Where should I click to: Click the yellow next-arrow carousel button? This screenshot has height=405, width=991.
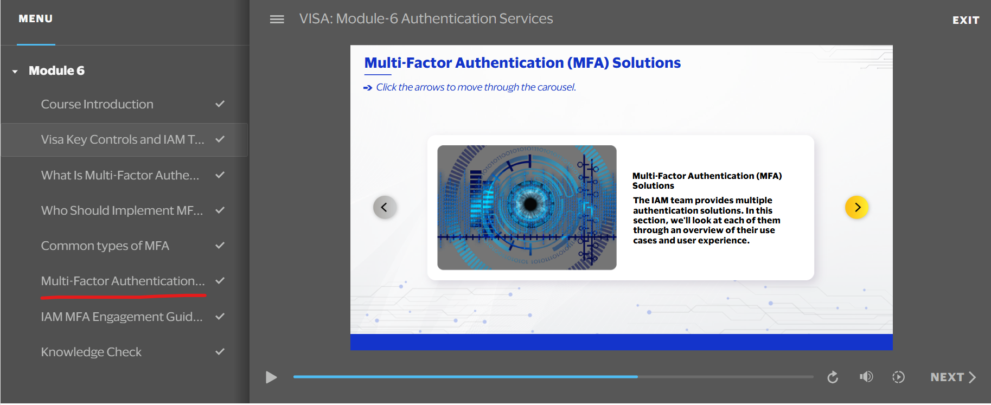tap(857, 207)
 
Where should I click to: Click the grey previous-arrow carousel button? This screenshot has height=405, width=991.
tap(385, 207)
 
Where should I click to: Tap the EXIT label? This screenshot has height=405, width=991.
tap(966, 20)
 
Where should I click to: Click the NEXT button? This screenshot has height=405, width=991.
tap(953, 377)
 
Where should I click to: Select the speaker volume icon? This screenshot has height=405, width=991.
tap(866, 377)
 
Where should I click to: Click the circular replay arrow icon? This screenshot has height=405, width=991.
tap(833, 377)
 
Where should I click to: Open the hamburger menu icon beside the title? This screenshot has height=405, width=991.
tap(277, 20)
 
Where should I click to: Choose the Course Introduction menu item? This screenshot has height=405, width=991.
tap(97, 104)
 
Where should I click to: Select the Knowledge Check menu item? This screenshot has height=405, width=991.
tap(91, 352)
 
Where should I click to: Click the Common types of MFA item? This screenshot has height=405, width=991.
tap(105, 246)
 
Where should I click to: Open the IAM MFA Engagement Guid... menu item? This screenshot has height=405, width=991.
tap(122, 317)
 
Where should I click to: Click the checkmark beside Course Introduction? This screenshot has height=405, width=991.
tap(220, 104)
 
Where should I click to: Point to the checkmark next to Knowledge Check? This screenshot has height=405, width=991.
tap(220, 351)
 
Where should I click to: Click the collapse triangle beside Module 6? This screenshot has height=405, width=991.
tap(15, 72)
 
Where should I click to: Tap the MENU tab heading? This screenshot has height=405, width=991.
tap(36, 19)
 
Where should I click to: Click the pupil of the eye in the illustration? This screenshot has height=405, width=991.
tap(530, 204)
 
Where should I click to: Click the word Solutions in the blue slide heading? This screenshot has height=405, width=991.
tap(647, 63)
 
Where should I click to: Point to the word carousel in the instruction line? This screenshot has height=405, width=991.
tap(556, 87)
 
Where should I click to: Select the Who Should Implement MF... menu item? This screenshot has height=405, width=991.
tap(122, 210)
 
